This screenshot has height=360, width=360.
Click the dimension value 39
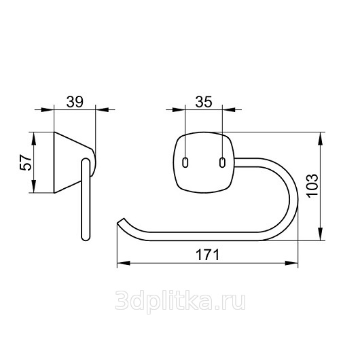(x=75, y=102)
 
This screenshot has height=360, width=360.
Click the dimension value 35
(x=204, y=102)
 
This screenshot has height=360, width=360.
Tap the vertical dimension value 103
(x=312, y=185)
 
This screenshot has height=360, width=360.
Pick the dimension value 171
(x=207, y=255)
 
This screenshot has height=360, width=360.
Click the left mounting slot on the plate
(x=185, y=162)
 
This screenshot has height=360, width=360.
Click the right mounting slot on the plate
(x=222, y=162)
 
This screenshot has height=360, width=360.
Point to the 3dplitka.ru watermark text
(x=180, y=300)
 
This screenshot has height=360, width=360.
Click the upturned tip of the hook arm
(x=121, y=221)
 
